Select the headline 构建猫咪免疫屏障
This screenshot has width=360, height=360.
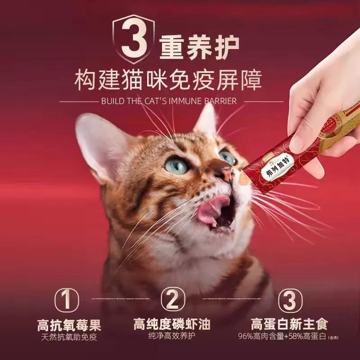(180, 81)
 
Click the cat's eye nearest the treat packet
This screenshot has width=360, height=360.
(227, 157)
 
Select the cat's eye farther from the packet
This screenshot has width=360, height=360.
(175, 165)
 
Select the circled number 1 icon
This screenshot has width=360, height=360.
(66, 299)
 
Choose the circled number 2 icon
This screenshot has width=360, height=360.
(172, 299)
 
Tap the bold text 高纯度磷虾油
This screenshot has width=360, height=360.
(172, 324)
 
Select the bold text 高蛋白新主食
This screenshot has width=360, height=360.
(289, 324)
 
